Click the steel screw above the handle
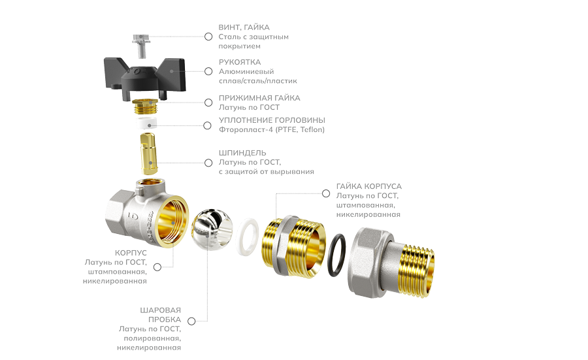[x=141, y=46]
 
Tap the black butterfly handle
[x=145, y=78]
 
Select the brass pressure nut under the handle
[x=145, y=107]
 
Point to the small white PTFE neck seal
[x=146, y=123]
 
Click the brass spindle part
[x=148, y=153]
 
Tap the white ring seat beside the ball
[x=248, y=237]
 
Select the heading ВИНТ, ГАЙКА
[x=244, y=27]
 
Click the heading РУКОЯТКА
[x=240, y=62]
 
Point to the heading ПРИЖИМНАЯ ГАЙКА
[x=259, y=98]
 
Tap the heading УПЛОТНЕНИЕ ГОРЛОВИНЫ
[x=272, y=120]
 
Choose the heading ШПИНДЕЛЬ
[x=242, y=153]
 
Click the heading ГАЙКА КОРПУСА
[x=369, y=186]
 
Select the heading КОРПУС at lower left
[x=131, y=253]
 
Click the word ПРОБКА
[x=164, y=319]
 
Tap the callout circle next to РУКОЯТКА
[x=208, y=71]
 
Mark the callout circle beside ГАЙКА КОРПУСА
[x=326, y=193]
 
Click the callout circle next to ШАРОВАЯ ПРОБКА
[x=191, y=321]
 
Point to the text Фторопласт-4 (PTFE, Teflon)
[x=272, y=129]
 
